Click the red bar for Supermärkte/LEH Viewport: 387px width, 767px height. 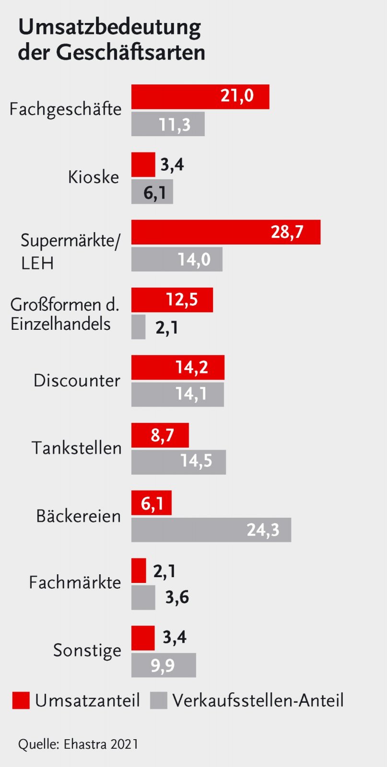(x=225, y=232)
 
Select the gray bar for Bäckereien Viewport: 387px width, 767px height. (x=211, y=530)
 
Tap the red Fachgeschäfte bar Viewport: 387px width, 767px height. (x=200, y=97)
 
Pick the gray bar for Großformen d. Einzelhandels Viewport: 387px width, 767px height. (x=138, y=327)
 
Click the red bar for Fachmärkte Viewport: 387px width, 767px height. (x=139, y=570)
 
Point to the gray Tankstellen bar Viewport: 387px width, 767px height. (x=178, y=462)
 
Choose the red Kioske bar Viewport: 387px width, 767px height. (x=143, y=164)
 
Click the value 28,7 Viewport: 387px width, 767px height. (x=287, y=232)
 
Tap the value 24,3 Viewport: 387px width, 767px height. (x=262, y=530)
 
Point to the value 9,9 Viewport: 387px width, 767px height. (x=163, y=665)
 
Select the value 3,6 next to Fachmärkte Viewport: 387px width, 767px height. (x=177, y=597)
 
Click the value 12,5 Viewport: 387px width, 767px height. (x=182, y=300)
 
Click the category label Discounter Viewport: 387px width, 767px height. (x=77, y=381)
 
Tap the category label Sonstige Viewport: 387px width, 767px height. (x=87, y=651)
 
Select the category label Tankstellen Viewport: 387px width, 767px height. (x=76, y=448)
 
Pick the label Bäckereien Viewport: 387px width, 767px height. (x=78, y=516)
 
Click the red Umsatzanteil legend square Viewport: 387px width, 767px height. (x=21, y=700)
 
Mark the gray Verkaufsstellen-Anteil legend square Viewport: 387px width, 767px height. (x=158, y=700)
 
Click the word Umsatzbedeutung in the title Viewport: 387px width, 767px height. (x=109, y=28)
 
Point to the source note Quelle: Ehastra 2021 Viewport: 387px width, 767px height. (x=78, y=744)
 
